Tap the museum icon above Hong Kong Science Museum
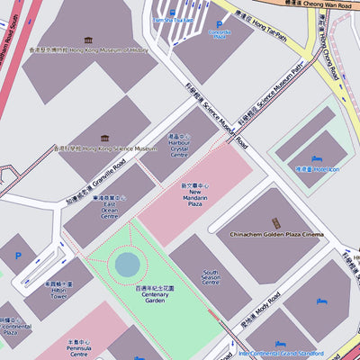pyautogui.click(x=104, y=139)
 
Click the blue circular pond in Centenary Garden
pyautogui.click(x=128, y=265)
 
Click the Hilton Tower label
pyautogui.click(x=59, y=292)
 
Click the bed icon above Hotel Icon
pyautogui.click(x=316, y=159)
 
